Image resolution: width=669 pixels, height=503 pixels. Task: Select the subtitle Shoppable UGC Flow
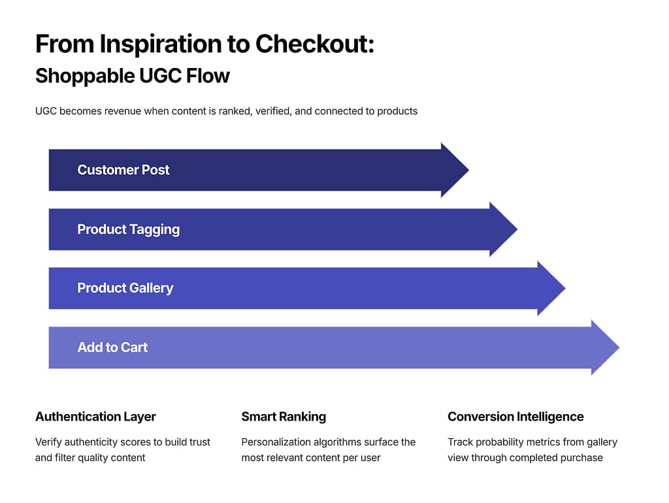point(133,76)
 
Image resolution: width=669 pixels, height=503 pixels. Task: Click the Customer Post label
point(123,170)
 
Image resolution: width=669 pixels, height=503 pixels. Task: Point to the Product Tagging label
point(129,230)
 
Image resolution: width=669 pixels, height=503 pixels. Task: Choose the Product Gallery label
point(125,288)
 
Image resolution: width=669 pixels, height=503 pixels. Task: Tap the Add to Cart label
point(112,347)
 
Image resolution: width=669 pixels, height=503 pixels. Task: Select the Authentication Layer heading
point(95,417)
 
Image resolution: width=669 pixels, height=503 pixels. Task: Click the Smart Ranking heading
point(284,417)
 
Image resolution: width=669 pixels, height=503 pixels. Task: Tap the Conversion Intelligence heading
point(515,417)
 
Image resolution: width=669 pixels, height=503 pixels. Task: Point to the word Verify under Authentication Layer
point(49,442)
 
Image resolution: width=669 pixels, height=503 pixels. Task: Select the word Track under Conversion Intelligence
point(461,442)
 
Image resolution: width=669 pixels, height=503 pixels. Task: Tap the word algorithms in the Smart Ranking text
point(341,442)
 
